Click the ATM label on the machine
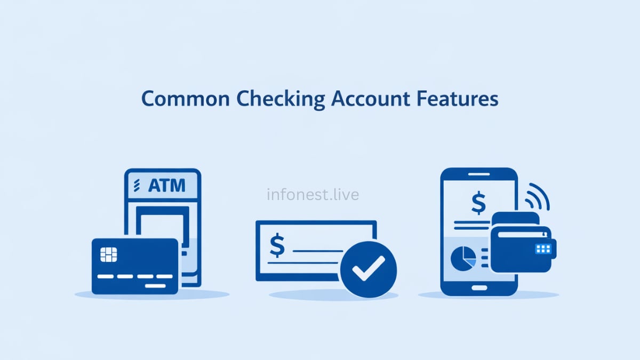[166, 186]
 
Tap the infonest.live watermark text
[313, 195]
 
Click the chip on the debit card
[109, 254]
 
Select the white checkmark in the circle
[368, 268]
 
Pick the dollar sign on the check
[277, 245]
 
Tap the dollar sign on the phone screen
[478, 203]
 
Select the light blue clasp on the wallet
[543, 249]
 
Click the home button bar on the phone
[478, 287]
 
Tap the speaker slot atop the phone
[478, 174]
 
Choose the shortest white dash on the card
[155, 285]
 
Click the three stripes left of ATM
[137, 186]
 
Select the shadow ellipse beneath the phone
[488, 295]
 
